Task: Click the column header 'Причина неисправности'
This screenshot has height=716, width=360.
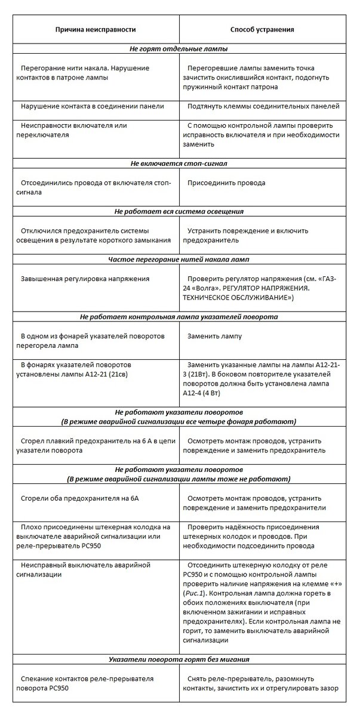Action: point(96,29)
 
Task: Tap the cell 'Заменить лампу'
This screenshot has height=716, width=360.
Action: point(214,336)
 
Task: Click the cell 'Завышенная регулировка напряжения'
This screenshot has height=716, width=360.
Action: point(85,279)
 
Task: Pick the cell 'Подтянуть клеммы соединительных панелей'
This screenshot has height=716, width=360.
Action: point(263,106)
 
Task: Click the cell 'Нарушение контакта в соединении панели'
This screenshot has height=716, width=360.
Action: point(92,106)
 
